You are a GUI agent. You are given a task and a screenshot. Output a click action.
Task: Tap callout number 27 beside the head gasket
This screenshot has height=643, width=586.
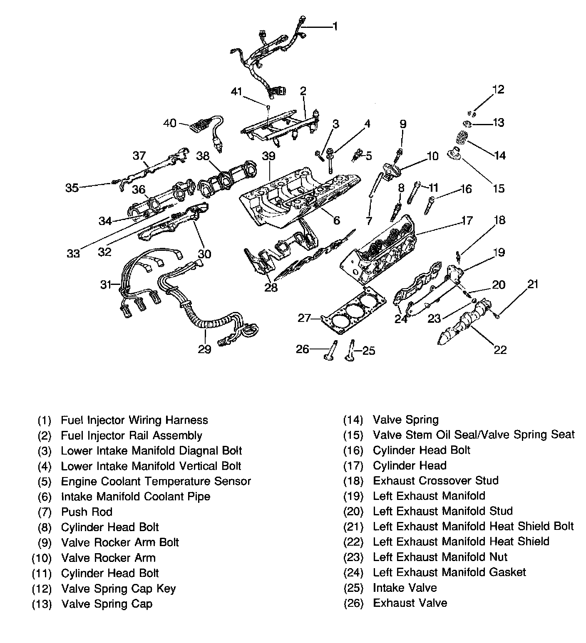(x=305, y=318)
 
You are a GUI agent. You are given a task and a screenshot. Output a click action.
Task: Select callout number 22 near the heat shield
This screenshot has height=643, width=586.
(x=500, y=349)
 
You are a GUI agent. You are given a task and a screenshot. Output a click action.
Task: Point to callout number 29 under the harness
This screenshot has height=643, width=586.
(x=204, y=349)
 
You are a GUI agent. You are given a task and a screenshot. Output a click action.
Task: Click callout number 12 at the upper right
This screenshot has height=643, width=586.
(x=498, y=89)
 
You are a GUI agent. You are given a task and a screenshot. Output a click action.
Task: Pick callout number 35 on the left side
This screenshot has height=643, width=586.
(x=72, y=188)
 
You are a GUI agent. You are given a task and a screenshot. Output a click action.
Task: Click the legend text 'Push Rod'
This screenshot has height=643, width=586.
(x=87, y=512)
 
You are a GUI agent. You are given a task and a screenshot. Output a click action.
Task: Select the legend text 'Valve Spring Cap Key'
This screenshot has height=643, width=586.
(x=118, y=589)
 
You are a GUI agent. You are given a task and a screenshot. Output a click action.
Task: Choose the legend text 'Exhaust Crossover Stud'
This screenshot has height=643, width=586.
(x=435, y=481)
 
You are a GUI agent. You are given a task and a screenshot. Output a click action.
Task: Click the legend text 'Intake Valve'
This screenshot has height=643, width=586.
(x=405, y=588)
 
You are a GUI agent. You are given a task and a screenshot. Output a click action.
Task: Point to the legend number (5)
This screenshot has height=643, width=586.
(x=44, y=482)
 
